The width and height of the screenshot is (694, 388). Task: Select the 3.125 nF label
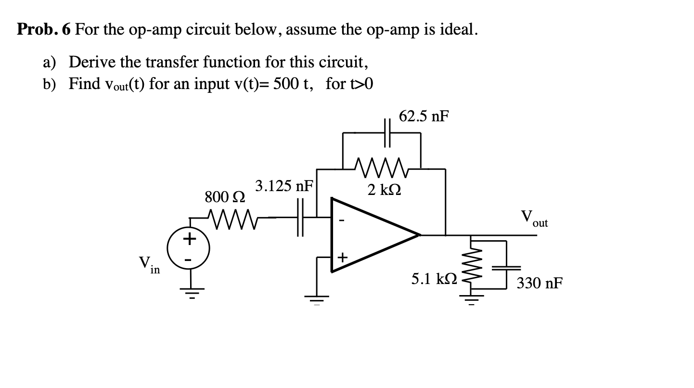pyautogui.click(x=284, y=186)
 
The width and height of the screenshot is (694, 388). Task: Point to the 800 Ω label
pyautogui.click(x=225, y=197)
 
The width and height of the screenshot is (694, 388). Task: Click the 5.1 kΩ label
pyautogui.click(x=431, y=279)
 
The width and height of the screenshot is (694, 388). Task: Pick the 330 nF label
pyautogui.click(x=539, y=283)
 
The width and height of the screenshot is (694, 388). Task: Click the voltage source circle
pyautogui.click(x=189, y=249)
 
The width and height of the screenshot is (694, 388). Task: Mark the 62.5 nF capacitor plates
pyautogui.click(x=388, y=133)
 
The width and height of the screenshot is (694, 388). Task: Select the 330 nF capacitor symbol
pyautogui.click(x=506, y=267)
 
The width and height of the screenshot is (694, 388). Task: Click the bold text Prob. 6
pyautogui.click(x=44, y=30)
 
